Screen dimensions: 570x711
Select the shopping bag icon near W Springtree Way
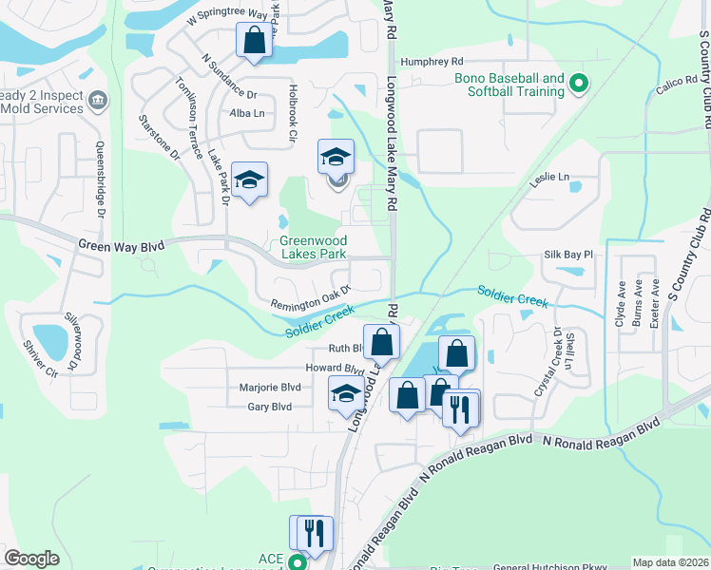pyautogui.click(x=254, y=41)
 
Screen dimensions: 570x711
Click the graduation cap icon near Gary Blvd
pyautogui.click(x=346, y=392)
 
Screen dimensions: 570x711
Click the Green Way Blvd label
pyautogui.click(x=121, y=246)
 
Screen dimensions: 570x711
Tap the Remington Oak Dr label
pyautogui.click(x=311, y=297)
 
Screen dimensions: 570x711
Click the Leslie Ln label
pyautogui.click(x=549, y=177)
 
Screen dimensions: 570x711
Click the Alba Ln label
pyautogui.click(x=246, y=113)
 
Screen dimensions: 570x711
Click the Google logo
pyautogui.click(x=31, y=559)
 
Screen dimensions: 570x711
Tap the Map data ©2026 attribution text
pyautogui.click(x=670, y=562)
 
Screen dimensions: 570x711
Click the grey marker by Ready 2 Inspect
pyautogui.click(x=97, y=99)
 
